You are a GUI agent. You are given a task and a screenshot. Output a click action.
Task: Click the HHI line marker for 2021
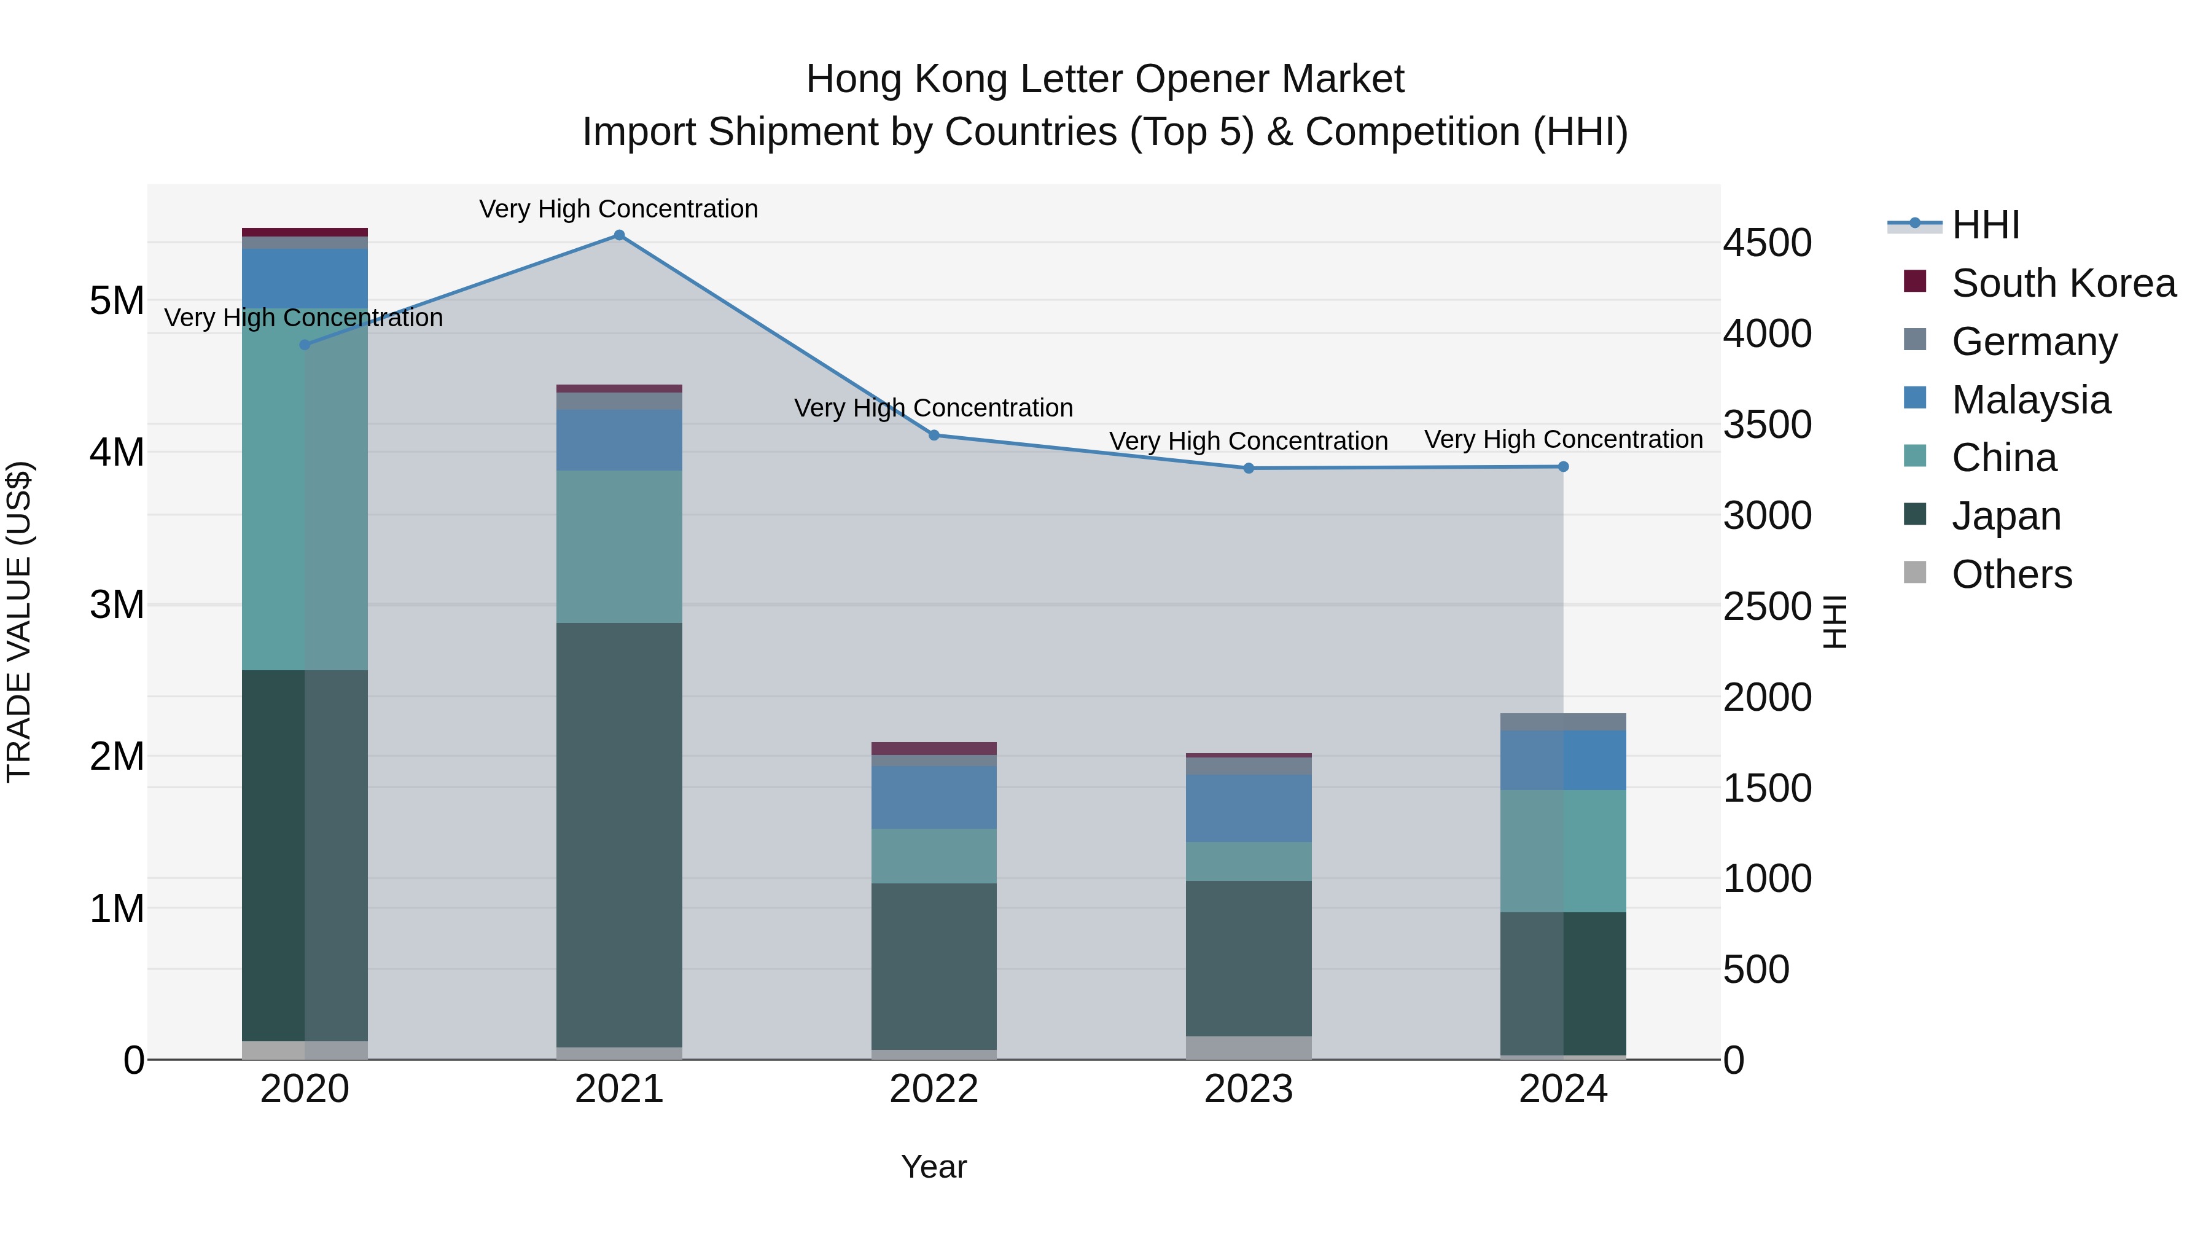click(x=619, y=235)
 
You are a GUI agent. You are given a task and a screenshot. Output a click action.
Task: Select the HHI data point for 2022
click(x=934, y=436)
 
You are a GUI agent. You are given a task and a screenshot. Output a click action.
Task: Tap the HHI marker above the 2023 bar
click(x=1249, y=469)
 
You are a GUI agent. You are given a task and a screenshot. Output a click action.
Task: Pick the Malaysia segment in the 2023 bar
click(x=1249, y=808)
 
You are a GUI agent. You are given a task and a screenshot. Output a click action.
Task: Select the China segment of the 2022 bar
click(x=934, y=856)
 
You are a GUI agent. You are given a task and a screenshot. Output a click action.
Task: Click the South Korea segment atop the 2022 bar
click(x=934, y=748)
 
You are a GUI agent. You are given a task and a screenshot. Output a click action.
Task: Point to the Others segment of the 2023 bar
click(x=1249, y=1047)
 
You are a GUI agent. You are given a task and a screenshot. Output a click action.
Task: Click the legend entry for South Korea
click(x=2062, y=283)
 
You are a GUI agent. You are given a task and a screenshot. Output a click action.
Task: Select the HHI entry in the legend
click(x=1984, y=225)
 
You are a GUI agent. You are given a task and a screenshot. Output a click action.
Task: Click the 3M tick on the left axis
click(x=117, y=604)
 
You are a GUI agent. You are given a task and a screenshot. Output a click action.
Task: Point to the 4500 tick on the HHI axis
click(x=1767, y=243)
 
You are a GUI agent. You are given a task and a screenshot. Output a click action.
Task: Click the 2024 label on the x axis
click(x=1563, y=1089)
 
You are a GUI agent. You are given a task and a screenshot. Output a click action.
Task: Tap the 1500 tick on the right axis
click(x=1767, y=788)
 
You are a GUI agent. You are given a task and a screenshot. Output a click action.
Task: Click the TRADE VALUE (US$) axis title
click(x=20, y=622)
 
